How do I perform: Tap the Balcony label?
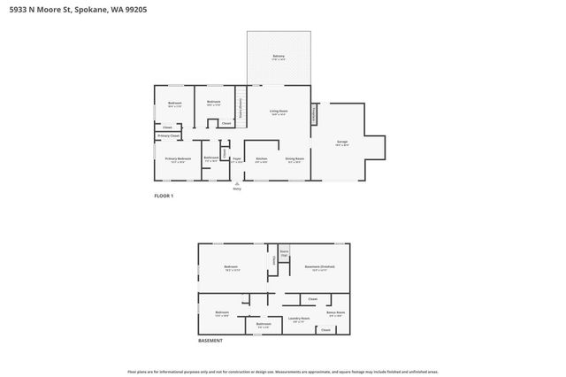tap(279, 57)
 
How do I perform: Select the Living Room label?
tap(279, 112)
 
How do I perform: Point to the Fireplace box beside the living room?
tap(312, 115)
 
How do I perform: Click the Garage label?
tap(341, 142)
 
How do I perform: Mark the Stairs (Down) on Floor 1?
tap(240, 106)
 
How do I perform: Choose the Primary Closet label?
tap(168, 135)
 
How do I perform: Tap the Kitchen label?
tap(261, 160)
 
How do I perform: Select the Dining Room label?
tap(294, 160)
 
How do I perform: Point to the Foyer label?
tap(237, 160)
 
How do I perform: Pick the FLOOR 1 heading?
tap(164, 196)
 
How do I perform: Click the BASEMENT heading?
tap(210, 341)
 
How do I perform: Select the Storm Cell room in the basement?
tap(284, 253)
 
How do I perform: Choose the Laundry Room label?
tap(299, 319)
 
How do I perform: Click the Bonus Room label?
tap(335, 312)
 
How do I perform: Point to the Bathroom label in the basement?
tap(264, 325)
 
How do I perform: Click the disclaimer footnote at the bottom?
tap(282, 372)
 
